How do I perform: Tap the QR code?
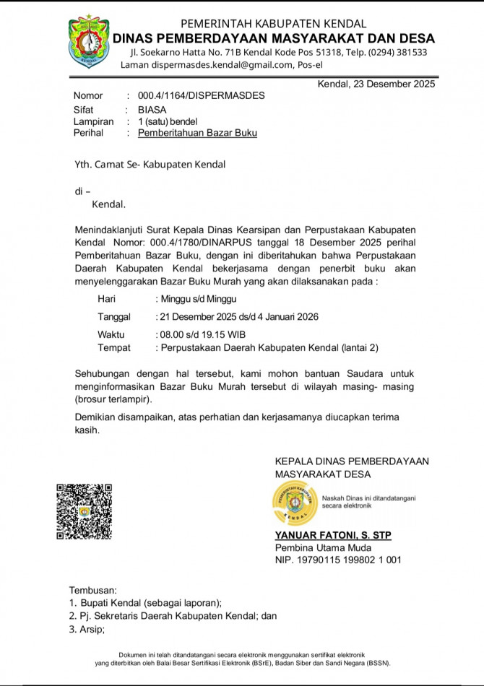pyautogui.click(x=85, y=511)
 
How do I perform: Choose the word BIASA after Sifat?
pyautogui.click(x=153, y=109)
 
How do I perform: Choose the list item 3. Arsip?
pyautogui.click(x=87, y=629)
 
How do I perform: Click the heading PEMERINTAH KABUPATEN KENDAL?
pyautogui.click(x=273, y=24)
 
